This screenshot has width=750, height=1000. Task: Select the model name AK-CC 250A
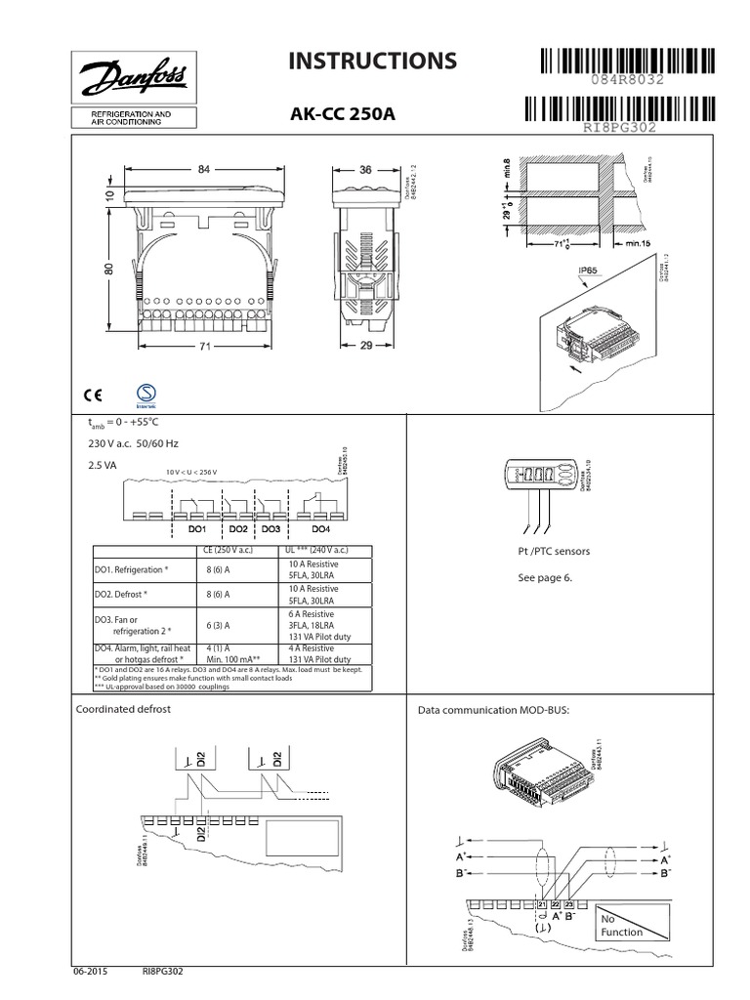point(343,114)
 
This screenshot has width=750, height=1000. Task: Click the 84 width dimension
point(204,169)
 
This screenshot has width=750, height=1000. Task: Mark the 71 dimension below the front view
point(204,347)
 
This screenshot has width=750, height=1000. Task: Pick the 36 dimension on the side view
point(366,169)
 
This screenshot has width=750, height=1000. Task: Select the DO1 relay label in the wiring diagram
point(197,527)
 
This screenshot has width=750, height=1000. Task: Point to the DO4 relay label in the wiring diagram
point(320,527)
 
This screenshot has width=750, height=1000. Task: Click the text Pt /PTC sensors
point(554,552)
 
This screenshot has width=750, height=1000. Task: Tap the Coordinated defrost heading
point(123,709)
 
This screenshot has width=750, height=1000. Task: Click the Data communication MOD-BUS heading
point(492,710)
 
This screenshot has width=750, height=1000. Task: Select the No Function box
point(622,926)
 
